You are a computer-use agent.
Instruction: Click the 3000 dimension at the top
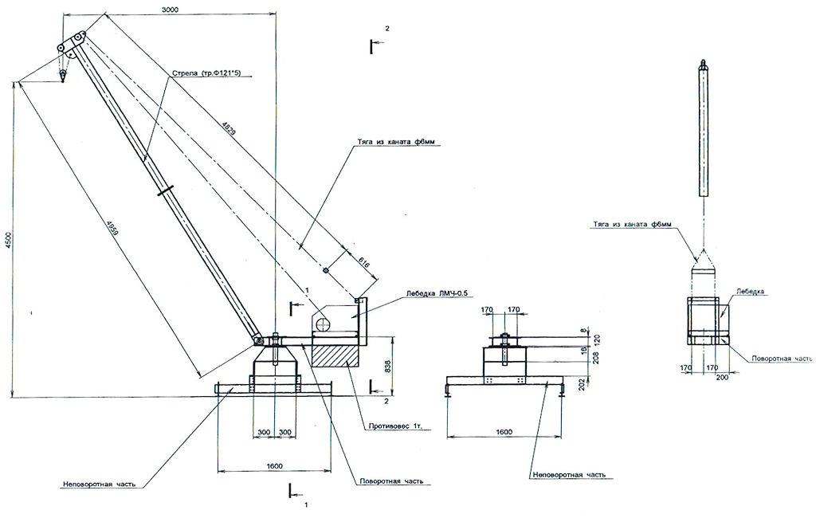(x=169, y=10)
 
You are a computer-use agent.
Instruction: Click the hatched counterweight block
(x=334, y=351)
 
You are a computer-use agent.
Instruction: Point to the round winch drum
(x=323, y=324)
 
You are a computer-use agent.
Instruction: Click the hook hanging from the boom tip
(x=62, y=77)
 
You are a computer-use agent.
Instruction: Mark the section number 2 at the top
(x=387, y=29)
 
